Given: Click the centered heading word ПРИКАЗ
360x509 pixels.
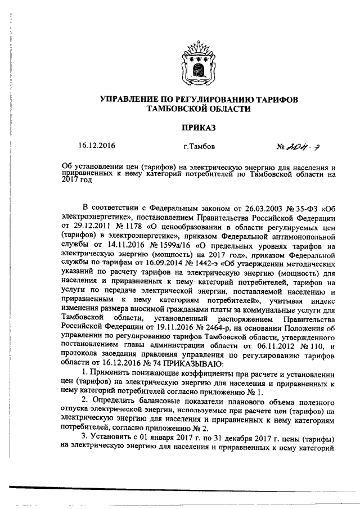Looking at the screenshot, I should point(198,128).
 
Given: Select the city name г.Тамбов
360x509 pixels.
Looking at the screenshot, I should point(199,146).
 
